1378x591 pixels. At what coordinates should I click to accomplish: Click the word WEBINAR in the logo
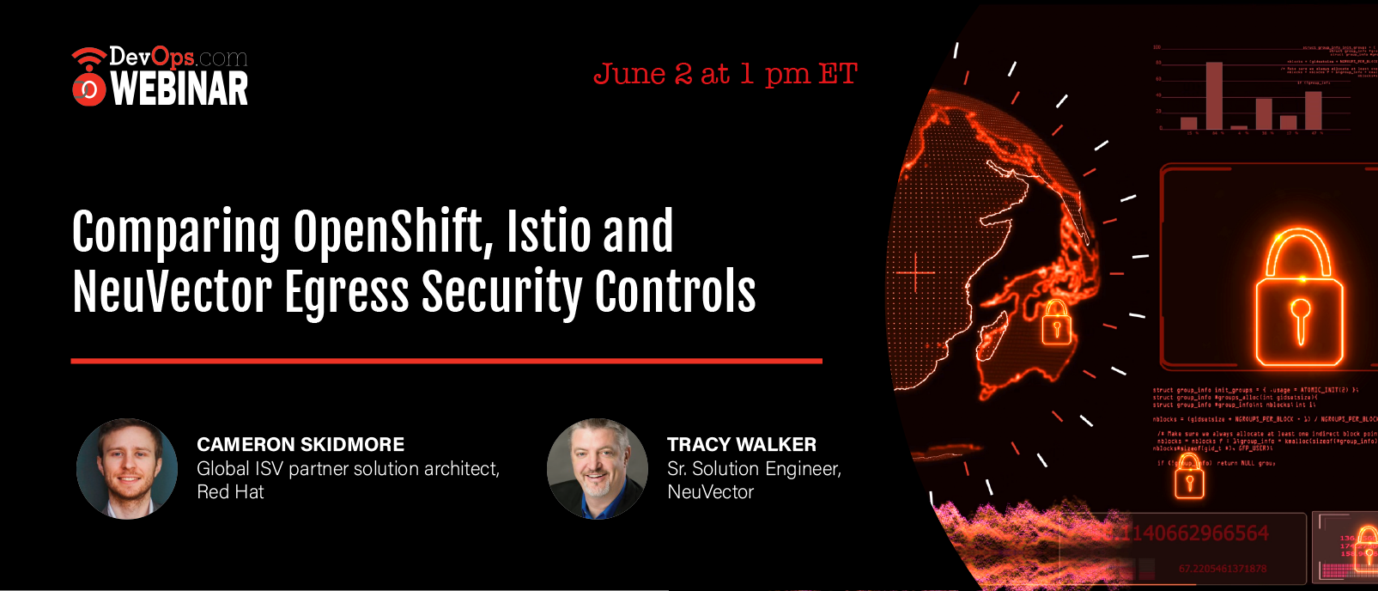click(x=179, y=89)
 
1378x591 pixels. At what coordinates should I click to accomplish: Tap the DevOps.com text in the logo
click(x=178, y=58)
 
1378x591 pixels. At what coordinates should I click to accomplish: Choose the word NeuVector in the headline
click(x=172, y=292)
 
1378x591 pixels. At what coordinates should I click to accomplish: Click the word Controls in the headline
click(x=675, y=292)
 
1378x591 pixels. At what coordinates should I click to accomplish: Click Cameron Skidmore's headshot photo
click(x=127, y=469)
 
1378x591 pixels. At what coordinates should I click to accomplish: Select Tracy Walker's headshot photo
click(x=598, y=469)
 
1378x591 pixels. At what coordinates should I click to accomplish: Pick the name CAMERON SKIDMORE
click(x=300, y=444)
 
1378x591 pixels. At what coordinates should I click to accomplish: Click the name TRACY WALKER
click(x=742, y=444)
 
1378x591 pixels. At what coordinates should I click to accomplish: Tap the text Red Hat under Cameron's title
click(x=230, y=492)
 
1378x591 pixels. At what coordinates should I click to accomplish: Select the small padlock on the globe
click(x=1057, y=323)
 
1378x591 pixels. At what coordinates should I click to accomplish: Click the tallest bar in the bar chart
click(x=1214, y=95)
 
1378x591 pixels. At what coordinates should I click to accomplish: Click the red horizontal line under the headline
click(x=446, y=361)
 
